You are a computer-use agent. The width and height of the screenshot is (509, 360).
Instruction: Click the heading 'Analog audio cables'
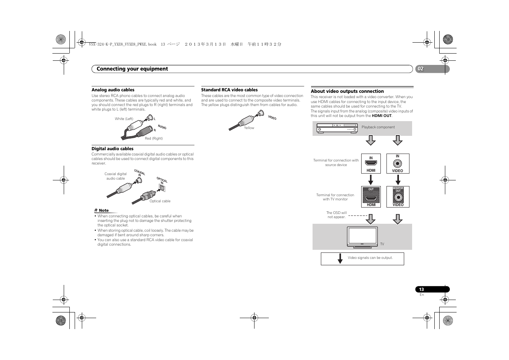click(x=113, y=90)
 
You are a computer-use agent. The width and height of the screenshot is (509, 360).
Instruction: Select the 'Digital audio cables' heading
click(x=112, y=149)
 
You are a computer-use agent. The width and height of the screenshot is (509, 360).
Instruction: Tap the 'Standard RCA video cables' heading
click(x=229, y=90)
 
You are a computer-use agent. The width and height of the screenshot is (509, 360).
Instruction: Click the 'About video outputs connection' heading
click(x=347, y=91)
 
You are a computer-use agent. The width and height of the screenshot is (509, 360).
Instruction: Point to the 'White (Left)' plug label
click(x=124, y=119)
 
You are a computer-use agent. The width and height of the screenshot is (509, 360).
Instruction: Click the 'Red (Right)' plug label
click(x=154, y=138)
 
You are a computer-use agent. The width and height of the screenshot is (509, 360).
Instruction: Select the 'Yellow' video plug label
click(x=249, y=128)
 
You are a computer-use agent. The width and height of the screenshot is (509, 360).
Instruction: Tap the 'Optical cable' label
click(x=160, y=201)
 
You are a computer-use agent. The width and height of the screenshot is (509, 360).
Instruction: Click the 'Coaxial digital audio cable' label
click(x=116, y=176)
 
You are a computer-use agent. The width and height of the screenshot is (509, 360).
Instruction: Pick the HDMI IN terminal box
click(x=371, y=163)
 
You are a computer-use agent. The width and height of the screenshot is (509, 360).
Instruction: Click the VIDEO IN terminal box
click(x=397, y=163)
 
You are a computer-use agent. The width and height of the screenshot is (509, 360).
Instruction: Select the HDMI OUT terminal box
click(x=371, y=197)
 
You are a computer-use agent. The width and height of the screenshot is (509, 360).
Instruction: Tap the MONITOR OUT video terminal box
click(x=398, y=197)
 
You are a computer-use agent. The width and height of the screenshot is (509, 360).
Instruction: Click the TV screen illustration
click(x=362, y=236)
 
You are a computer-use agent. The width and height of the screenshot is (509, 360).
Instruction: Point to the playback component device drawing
click(x=337, y=128)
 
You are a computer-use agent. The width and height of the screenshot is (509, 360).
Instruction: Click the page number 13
click(x=422, y=289)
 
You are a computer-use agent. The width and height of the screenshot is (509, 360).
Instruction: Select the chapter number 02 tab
click(x=421, y=69)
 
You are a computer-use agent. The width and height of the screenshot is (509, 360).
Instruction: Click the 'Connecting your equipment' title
click(x=132, y=69)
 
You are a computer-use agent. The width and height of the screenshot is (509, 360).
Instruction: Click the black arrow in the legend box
click(x=340, y=258)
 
